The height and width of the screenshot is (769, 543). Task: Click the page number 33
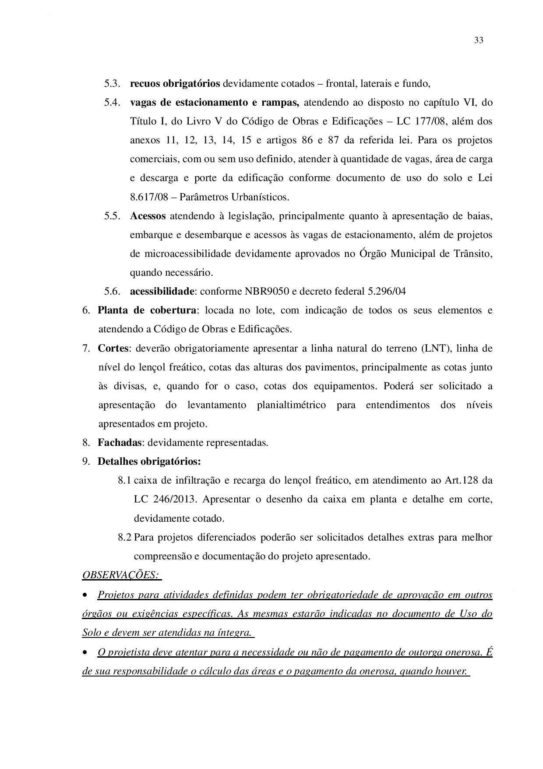[x=478, y=40]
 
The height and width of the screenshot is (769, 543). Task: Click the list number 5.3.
[x=112, y=83]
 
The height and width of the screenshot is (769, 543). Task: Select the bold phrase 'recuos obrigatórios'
[x=175, y=83]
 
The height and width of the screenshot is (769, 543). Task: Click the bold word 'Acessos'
[x=148, y=216]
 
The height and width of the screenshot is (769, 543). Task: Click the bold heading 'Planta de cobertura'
[x=146, y=310]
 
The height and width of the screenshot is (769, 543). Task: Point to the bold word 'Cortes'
[x=113, y=348]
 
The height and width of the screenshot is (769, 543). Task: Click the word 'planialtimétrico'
[x=291, y=405]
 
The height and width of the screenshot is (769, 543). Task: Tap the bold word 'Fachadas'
[x=120, y=442]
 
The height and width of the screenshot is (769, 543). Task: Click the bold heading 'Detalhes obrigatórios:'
[x=149, y=461]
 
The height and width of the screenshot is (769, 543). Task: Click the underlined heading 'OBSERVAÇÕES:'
[x=121, y=574]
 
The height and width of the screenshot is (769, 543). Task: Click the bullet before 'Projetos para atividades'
[x=85, y=595]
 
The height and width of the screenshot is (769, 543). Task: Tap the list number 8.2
[x=124, y=537]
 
